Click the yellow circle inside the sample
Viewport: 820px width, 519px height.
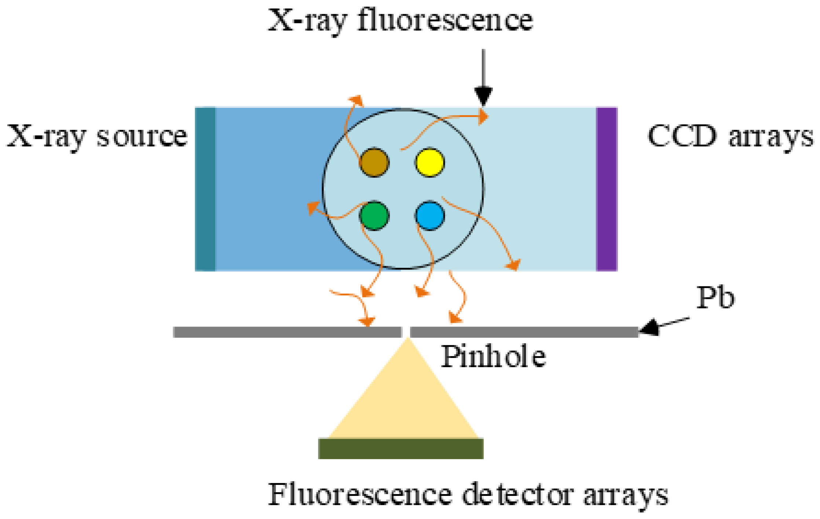pyautogui.click(x=430, y=162)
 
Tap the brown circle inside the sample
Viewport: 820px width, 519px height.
pyautogui.click(x=374, y=162)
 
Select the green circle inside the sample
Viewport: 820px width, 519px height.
pyautogui.click(x=374, y=216)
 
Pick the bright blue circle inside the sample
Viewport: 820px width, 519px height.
pyautogui.click(x=430, y=216)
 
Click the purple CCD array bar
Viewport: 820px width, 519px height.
pyautogui.click(x=607, y=189)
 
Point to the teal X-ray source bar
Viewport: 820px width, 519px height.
pyautogui.click(x=205, y=189)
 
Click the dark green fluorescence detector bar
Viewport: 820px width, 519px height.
pyautogui.click(x=400, y=448)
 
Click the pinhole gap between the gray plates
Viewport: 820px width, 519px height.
pyautogui.click(x=406, y=332)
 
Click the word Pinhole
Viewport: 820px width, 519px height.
pyautogui.click(x=493, y=357)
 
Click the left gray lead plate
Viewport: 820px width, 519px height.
pyautogui.click(x=287, y=332)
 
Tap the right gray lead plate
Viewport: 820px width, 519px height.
pyautogui.click(x=524, y=332)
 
